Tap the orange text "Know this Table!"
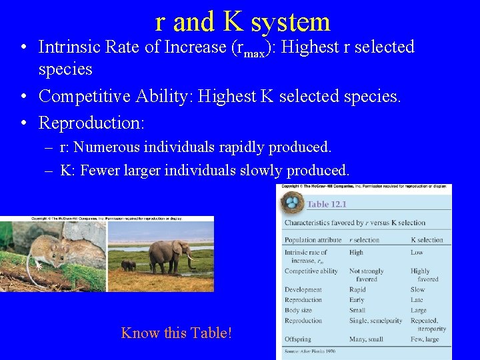pyautogui.click(x=177, y=332)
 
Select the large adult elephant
pyautogui.click(x=167, y=254)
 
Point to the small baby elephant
pyautogui.click(x=128, y=265)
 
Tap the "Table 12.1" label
pyautogui.click(x=327, y=205)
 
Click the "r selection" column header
pyautogui.click(x=364, y=240)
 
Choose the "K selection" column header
pyautogui.click(x=427, y=240)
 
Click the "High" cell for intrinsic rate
pyautogui.click(x=356, y=253)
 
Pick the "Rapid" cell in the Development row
pyautogui.click(x=358, y=290)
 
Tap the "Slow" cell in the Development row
pyautogui.click(x=417, y=290)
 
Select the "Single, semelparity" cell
pyautogui.click(x=375, y=321)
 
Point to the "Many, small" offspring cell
pyautogui.click(x=367, y=339)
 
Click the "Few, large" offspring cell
pyautogui.click(x=426, y=339)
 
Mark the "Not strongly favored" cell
pyautogui.click(x=367, y=275)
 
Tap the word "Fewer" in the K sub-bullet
pyautogui.click(x=99, y=170)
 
